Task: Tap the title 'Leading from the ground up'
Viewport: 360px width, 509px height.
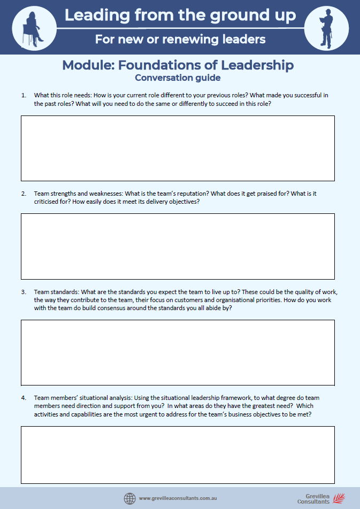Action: pyautogui.click(x=180, y=16)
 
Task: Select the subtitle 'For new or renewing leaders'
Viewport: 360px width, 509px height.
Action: pyautogui.click(x=180, y=39)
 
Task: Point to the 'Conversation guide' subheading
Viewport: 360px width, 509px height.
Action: pyautogui.click(x=178, y=78)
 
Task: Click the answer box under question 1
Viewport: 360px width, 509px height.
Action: pyautogui.click(x=178, y=148)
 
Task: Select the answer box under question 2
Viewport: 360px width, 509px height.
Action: pyautogui.click(x=178, y=246)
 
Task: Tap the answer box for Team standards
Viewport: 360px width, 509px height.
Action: pyautogui.click(x=178, y=352)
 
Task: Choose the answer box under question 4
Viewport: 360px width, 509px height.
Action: pyautogui.click(x=178, y=454)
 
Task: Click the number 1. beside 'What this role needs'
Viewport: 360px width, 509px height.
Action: pyautogui.click(x=24, y=95)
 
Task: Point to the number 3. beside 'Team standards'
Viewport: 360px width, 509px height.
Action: pyautogui.click(x=24, y=292)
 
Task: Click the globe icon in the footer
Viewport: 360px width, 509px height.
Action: pyautogui.click(x=129, y=498)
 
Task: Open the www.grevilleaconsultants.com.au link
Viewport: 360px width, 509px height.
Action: pyautogui.click(x=178, y=498)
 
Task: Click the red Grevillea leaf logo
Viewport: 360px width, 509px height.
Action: pyautogui.click(x=339, y=498)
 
